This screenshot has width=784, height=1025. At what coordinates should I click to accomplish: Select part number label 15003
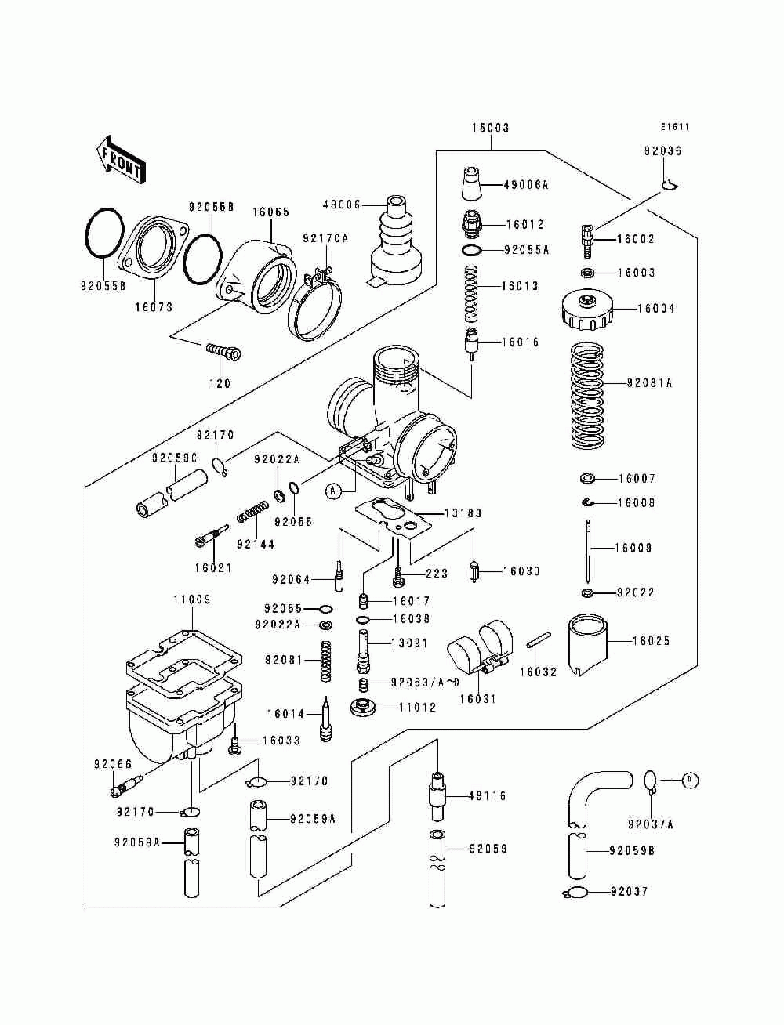490,128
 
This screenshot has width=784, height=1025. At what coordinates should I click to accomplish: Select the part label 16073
153,308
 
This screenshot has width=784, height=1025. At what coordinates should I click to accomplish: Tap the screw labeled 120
223,352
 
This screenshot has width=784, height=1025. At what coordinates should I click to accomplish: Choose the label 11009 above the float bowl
192,599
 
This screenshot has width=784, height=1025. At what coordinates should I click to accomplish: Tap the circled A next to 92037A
689,780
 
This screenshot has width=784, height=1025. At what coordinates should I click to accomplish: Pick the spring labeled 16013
471,294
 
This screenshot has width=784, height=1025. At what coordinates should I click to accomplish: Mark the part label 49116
488,796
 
